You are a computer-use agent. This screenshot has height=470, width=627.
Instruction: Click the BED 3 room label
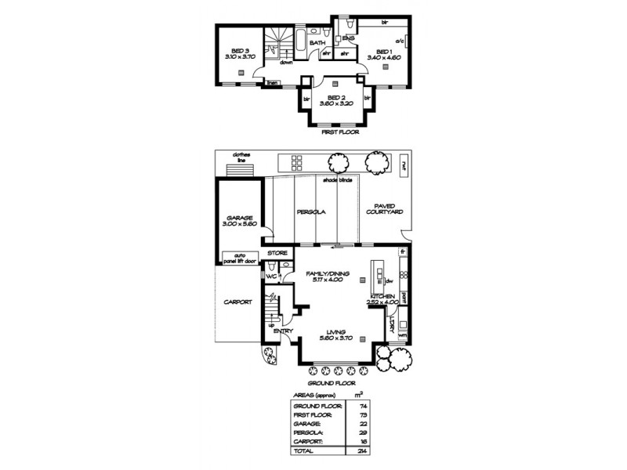[241, 51]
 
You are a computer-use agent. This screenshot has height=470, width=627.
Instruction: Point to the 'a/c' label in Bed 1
[399, 41]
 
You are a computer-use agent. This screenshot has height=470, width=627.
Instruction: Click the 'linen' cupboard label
[273, 81]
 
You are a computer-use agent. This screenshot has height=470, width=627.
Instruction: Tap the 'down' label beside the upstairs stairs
[287, 63]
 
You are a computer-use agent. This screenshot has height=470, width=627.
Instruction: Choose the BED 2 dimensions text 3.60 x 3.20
[335, 103]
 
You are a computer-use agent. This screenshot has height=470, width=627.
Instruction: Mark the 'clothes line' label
[237, 157]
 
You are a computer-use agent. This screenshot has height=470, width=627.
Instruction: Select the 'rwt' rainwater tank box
[403, 164]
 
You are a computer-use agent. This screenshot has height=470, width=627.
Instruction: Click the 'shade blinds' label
[337, 180]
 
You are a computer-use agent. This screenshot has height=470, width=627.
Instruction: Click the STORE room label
[277, 254]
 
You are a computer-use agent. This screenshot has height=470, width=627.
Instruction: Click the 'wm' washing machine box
[402, 335]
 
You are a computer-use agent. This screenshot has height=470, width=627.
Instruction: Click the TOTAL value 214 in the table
[362, 451]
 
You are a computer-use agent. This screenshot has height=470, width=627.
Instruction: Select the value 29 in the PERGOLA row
[362, 433]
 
